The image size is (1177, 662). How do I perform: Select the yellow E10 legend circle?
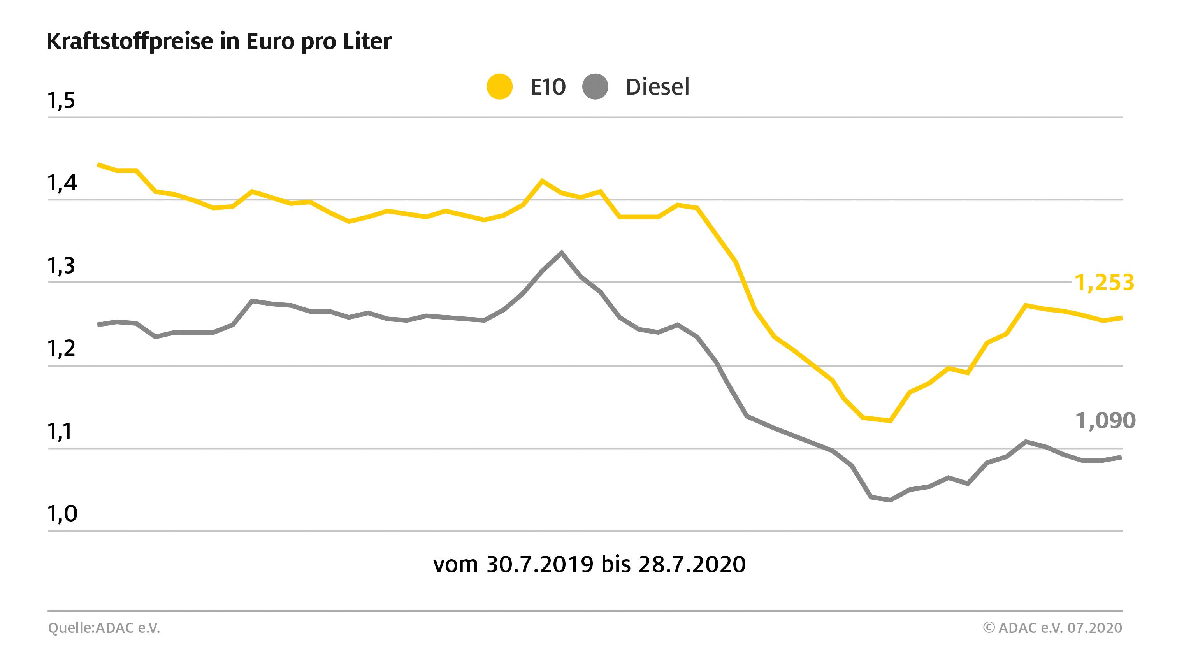click(499, 86)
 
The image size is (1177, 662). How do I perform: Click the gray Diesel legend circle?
click(595, 86)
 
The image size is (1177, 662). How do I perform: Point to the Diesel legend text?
click(657, 87)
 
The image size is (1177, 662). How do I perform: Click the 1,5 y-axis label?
click(61, 100)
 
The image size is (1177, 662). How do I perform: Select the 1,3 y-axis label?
click(61, 266)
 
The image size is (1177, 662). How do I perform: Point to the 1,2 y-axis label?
click(61, 349)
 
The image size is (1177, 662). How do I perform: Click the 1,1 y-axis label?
click(60, 431)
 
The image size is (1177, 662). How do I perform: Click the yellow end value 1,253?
click(1104, 283)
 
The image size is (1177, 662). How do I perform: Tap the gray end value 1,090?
click(1105, 421)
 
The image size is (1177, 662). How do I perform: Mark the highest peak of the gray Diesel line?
click(562, 253)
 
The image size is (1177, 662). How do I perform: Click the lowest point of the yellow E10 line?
click(890, 420)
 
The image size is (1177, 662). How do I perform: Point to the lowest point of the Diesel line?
click(890, 500)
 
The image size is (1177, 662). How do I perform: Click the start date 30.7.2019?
click(539, 564)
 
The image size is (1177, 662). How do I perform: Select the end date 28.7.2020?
click(692, 564)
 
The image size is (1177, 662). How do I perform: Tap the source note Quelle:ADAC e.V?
click(104, 628)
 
